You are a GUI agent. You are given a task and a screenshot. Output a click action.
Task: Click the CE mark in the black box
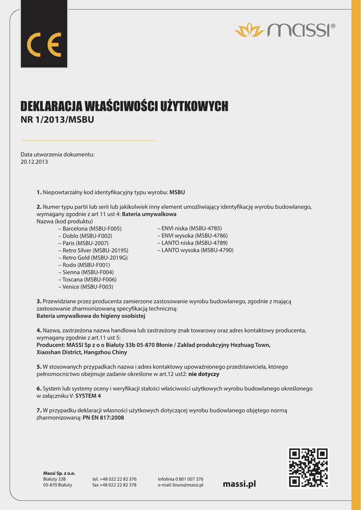[x=44, y=45]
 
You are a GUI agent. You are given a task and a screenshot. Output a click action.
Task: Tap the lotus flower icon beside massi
[x=249, y=30]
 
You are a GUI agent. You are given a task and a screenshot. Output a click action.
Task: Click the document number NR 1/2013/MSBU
[x=57, y=120]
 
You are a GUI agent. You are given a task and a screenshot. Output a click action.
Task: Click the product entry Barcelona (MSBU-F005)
[x=92, y=228]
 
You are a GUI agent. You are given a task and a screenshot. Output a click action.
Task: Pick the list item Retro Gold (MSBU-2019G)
[x=95, y=257]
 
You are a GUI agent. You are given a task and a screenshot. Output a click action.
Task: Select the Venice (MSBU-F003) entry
[x=88, y=287]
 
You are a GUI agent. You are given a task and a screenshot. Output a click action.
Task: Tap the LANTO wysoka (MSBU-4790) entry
[x=197, y=250]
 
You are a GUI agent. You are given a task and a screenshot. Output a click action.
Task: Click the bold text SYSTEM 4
[x=88, y=396]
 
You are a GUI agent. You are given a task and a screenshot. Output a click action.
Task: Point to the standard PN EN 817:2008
[x=103, y=418]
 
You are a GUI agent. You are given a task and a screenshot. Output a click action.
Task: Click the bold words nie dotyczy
[x=204, y=374]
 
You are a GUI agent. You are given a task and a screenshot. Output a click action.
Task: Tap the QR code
[x=308, y=467]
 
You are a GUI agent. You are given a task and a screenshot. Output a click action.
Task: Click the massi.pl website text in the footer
[x=240, y=484]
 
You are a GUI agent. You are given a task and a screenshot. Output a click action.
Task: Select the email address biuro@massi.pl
[x=190, y=485]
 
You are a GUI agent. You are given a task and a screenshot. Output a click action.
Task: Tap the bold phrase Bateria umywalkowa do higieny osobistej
[x=91, y=316]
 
